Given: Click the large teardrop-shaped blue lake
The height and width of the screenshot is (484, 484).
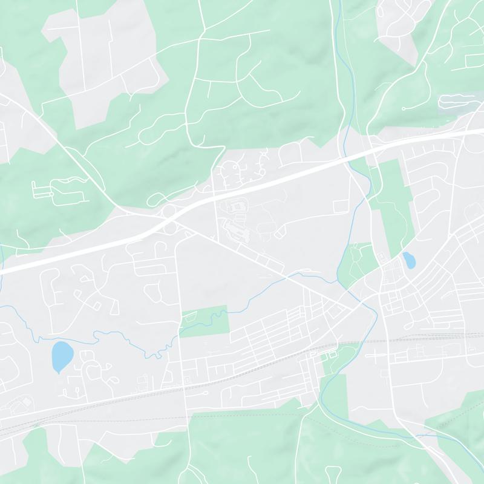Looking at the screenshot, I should [x=61, y=356].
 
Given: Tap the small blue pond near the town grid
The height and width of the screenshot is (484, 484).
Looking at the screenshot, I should [x=409, y=260].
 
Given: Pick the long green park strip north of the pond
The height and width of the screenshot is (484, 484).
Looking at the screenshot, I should [x=393, y=200].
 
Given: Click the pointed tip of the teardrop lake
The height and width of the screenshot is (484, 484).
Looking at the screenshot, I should [x=58, y=372].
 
